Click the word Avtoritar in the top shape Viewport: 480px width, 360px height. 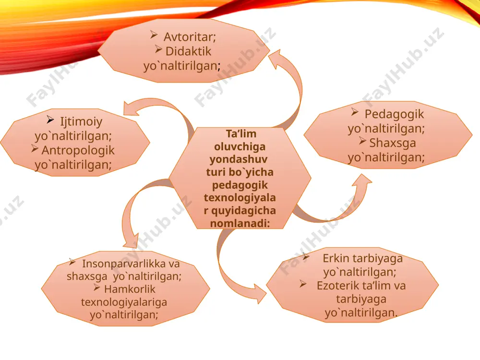[190, 37]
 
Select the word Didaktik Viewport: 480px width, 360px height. [188, 51]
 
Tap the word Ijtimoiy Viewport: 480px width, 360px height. [81, 122]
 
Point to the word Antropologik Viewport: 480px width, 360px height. [78, 150]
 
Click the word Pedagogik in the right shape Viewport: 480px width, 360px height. [394, 115]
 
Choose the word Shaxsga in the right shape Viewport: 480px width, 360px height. [393, 143]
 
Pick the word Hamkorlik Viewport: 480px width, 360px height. [130, 289]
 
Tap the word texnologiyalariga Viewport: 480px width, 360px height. [124, 302]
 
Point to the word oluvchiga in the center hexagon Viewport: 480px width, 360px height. [240, 146]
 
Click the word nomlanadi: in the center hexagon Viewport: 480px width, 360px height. [240, 224]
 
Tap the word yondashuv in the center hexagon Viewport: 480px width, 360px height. [239, 159]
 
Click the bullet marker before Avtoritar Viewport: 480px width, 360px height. [154, 35]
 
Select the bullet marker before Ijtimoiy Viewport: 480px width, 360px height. [50, 120]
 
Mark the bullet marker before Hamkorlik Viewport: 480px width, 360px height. [97, 287]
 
